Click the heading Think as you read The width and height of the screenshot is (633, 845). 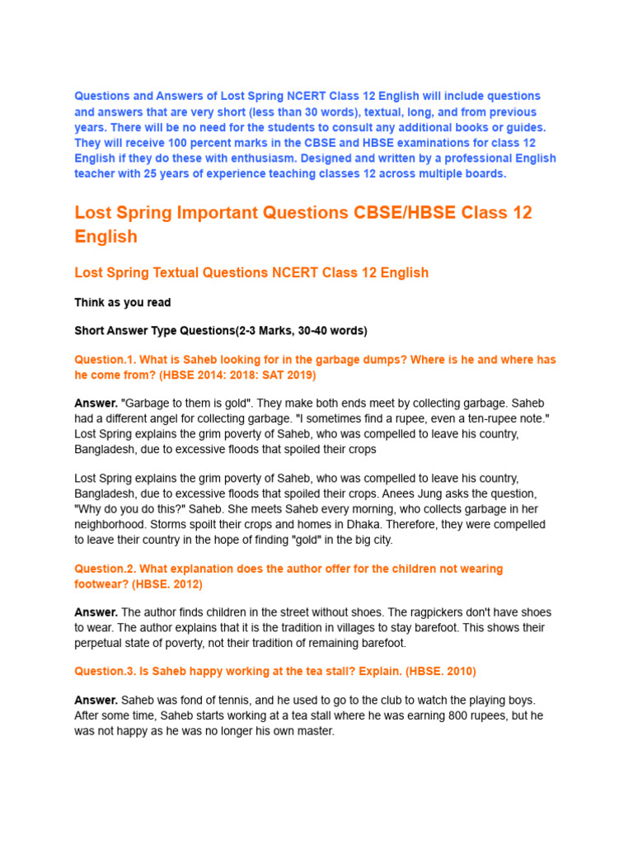click(123, 303)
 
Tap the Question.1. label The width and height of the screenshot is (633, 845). click(105, 360)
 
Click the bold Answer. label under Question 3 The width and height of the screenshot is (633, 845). click(96, 701)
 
